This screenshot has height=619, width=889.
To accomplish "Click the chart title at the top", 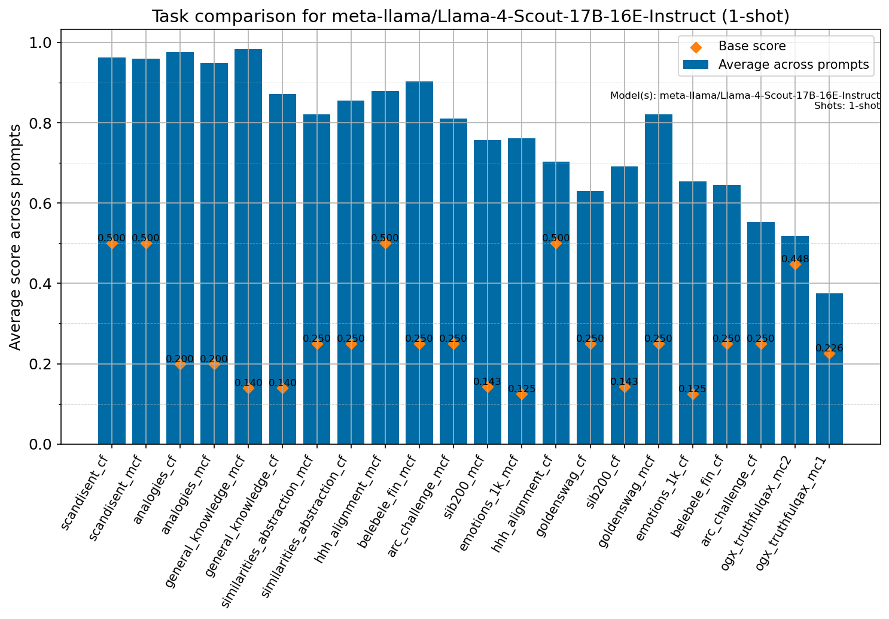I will [x=470, y=16].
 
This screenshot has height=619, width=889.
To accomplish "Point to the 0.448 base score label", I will [x=795, y=259].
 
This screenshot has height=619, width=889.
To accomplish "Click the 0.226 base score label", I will [x=829, y=348].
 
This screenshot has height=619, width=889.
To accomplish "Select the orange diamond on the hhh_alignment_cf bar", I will [x=556, y=243].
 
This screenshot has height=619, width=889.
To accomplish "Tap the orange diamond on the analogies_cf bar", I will [x=180, y=364].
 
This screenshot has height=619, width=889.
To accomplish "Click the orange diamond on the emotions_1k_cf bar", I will [x=693, y=394].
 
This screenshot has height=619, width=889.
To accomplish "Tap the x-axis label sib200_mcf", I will [x=473, y=479].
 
